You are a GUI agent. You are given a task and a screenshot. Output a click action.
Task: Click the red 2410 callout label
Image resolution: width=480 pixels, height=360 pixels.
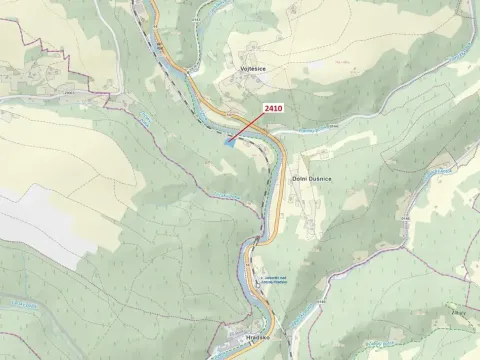click(274, 108)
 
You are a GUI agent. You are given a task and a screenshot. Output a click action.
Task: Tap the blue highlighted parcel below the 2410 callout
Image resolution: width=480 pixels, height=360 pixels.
click(231, 143)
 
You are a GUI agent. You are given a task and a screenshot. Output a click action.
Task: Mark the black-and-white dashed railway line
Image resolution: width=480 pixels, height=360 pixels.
click(266, 205)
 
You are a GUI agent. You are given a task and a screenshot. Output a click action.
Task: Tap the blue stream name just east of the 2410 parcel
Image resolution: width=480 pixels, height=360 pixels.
click(311, 130)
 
